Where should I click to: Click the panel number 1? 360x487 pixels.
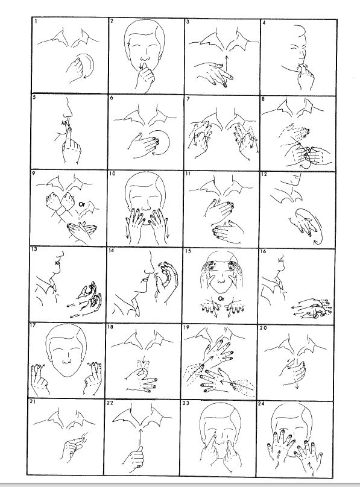tap(36, 22)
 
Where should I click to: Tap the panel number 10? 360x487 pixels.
tap(112, 174)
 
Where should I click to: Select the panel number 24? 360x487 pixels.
tap(261, 404)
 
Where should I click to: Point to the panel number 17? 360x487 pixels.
tap(33, 326)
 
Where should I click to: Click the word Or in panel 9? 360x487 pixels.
tap(81, 204)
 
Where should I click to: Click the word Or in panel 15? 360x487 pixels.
tap(221, 299)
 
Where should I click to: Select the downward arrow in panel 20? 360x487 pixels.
tap(297, 373)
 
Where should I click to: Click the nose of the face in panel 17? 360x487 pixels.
tap(67, 362)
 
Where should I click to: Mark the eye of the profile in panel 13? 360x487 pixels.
tap(57, 263)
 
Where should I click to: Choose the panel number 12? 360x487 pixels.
tap(264, 174)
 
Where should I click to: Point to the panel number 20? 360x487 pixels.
tap(264, 328)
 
